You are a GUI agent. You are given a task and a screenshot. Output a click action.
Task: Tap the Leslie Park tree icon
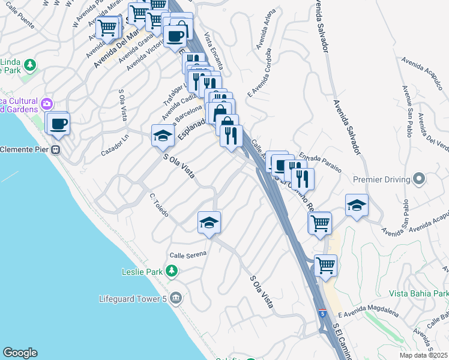click(x=172, y=271)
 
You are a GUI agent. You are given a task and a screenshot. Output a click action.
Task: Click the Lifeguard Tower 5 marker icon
click(x=175, y=298)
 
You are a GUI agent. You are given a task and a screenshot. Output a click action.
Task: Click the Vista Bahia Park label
click(x=418, y=293)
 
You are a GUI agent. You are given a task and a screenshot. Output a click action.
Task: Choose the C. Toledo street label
click(x=159, y=205)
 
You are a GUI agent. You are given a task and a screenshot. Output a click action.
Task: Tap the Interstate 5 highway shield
click(x=323, y=313)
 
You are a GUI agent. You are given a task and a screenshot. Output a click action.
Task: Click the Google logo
click(x=20, y=353)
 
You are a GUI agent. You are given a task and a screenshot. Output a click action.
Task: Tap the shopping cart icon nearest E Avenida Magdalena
click(x=325, y=264)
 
